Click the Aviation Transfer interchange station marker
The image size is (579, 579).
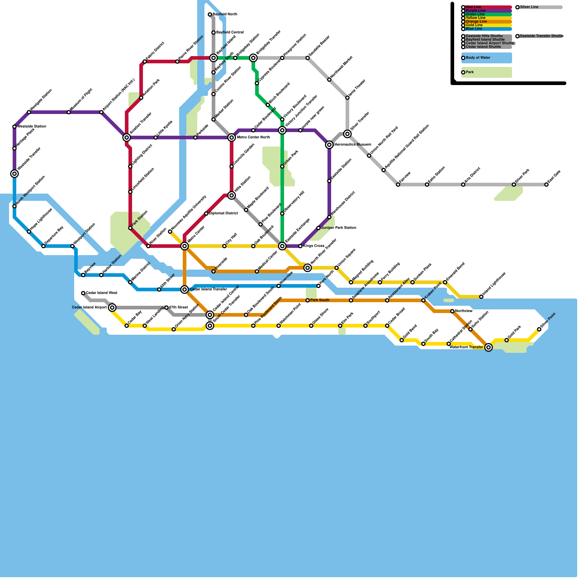(x=126, y=138)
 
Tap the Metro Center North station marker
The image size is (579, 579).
(x=232, y=138)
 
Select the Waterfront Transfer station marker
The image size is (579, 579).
(x=489, y=347)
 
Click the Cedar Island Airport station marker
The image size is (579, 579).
(x=112, y=308)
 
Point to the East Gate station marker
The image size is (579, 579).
(x=546, y=185)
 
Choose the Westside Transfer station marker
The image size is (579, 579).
(x=14, y=174)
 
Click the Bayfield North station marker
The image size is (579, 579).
(x=210, y=14)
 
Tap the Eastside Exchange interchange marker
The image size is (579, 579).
(x=282, y=246)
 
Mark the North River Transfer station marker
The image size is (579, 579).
(x=308, y=268)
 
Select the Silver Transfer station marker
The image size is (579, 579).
(x=347, y=134)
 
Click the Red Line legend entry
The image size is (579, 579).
(x=487, y=7)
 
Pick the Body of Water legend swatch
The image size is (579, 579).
(x=487, y=58)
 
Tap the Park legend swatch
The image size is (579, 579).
(x=487, y=72)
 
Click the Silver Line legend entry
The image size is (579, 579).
(x=539, y=7)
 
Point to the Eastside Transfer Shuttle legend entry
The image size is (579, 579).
(x=539, y=36)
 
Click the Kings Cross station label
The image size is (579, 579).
(x=314, y=246)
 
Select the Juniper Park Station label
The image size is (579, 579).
(x=339, y=228)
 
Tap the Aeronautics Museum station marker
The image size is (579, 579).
(x=329, y=145)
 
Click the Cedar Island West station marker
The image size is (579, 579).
(x=83, y=293)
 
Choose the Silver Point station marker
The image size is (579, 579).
(x=539, y=329)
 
